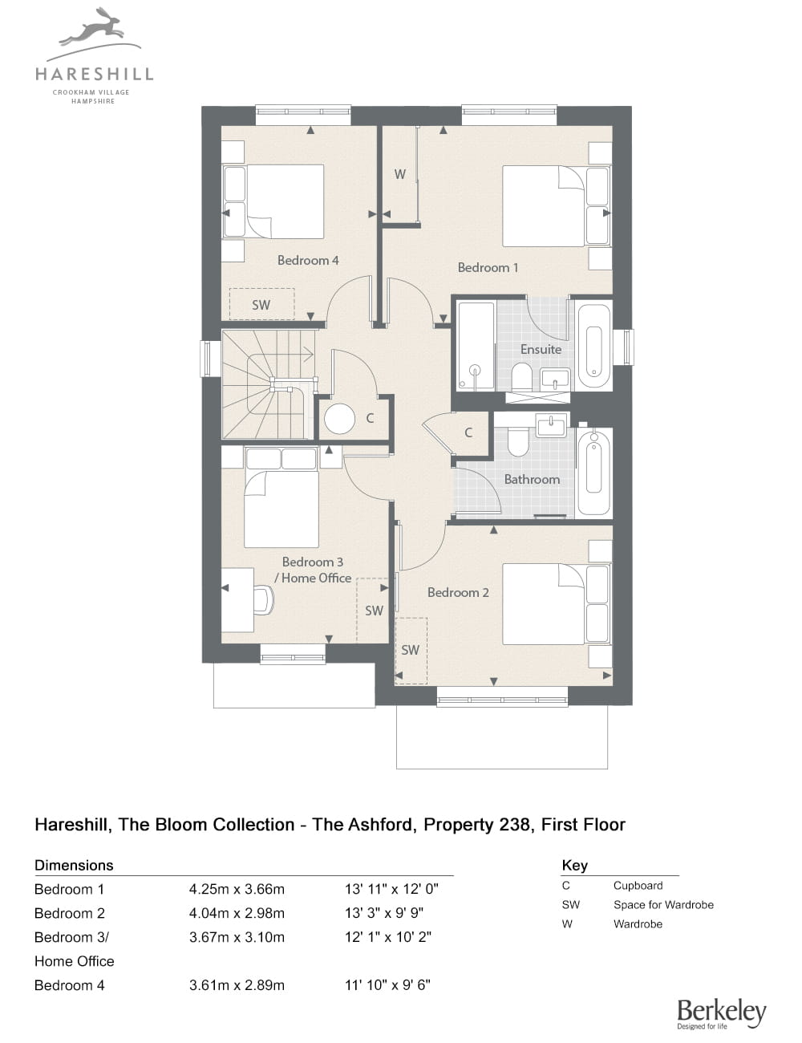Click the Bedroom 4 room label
click(308, 261)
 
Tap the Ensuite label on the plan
click(541, 350)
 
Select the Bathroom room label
click(532, 479)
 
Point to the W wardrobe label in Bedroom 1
click(400, 174)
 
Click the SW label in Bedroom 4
click(261, 305)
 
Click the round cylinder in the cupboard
click(339, 419)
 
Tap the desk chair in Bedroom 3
click(263, 599)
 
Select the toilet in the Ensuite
click(521, 377)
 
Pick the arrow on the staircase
click(297, 355)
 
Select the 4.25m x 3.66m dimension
click(237, 890)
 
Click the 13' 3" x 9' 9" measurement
click(384, 913)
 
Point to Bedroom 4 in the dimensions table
click(70, 985)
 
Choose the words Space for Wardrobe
click(663, 905)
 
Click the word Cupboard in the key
click(638, 886)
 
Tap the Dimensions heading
click(74, 866)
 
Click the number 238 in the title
click(517, 825)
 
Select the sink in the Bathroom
click(552, 425)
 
